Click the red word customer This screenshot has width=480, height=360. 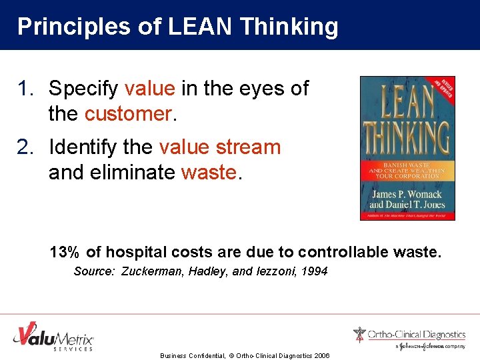click(x=128, y=114)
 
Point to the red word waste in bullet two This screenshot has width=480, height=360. click(x=209, y=173)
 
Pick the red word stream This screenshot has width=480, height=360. click(x=247, y=147)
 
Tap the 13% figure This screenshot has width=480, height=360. click(x=64, y=252)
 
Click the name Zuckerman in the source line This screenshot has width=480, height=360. click(x=150, y=271)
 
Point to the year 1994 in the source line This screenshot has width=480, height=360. click(x=314, y=271)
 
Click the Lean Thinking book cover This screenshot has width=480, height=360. click(x=407, y=148)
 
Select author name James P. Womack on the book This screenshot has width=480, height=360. click(x=407, y=193)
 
